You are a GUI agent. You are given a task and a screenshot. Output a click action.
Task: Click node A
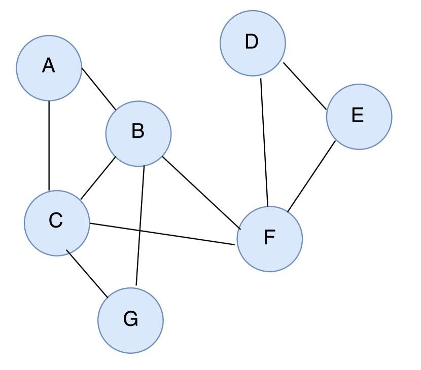click(49, 68)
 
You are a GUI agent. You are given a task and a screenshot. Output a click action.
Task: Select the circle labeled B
click(138, 133)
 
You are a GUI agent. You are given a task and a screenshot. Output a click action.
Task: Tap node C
click(57, 223)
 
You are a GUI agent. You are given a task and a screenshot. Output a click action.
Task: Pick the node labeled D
click(253, 43)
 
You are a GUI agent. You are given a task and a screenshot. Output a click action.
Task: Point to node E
click(359, 117)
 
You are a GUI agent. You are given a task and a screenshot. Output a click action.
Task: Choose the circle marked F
click(269, 239)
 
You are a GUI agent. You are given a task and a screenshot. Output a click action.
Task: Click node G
click(130, 320)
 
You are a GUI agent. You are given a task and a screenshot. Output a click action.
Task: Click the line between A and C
click(49, 145)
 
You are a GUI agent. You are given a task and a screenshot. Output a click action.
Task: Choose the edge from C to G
click(87, 274)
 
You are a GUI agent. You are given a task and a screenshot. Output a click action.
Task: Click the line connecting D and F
click(264, 142)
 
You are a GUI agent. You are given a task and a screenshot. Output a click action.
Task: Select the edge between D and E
click(304, 86)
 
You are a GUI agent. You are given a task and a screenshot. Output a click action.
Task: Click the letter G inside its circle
click(130, 319)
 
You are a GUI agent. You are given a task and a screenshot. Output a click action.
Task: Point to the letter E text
click(358, 116)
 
